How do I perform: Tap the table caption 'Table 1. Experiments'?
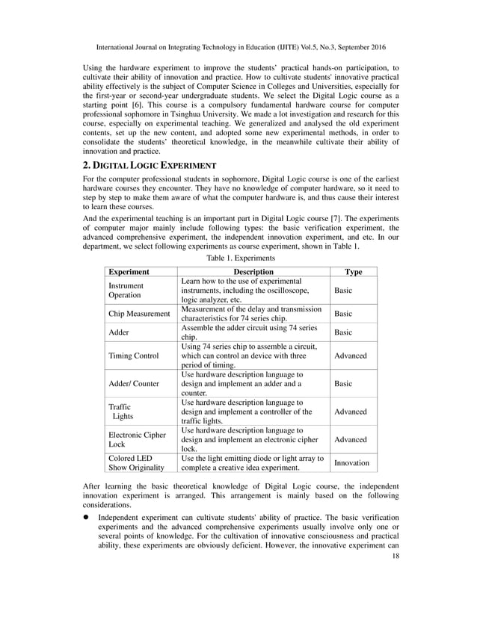point(238,258)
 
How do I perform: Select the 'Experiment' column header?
point(129,272)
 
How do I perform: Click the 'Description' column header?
point(253,272)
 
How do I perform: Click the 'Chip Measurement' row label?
point(140,314)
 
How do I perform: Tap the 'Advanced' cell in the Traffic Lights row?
point(350,411)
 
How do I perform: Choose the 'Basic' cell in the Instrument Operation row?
point(343,291)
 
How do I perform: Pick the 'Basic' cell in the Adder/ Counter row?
point(343,383)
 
